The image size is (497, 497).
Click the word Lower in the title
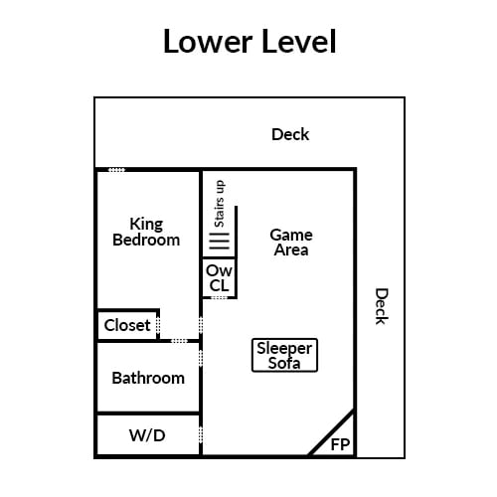[x=208, y=41]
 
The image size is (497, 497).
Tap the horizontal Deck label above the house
[x=290, y=134]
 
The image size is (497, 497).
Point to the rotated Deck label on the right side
[x=382, y=306]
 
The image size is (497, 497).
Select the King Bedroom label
[x=146, y=232]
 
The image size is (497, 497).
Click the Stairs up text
[x=220, y=204]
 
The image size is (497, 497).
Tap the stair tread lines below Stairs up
[x=219, y=242]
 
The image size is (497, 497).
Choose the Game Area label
[x=291, y=243]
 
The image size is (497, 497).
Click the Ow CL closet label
[x=219, y=278]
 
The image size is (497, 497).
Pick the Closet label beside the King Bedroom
[x=127, y=325]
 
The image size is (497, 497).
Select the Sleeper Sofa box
[x=284, y=355]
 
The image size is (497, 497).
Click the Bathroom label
[x=148, y=378]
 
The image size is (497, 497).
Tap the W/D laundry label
[x=147, y=435]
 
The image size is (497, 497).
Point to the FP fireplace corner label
[x=340, y=444]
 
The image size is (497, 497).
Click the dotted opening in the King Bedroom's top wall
[x=116, y=170]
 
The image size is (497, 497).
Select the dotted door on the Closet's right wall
[x=158, y=325]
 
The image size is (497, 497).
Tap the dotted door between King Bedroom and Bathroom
[x=179, y=341]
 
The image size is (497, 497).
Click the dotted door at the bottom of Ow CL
[x=219, y=298]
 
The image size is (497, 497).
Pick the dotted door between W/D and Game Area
[x=201, y=434]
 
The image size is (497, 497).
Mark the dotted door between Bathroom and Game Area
[x=201, y=358]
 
